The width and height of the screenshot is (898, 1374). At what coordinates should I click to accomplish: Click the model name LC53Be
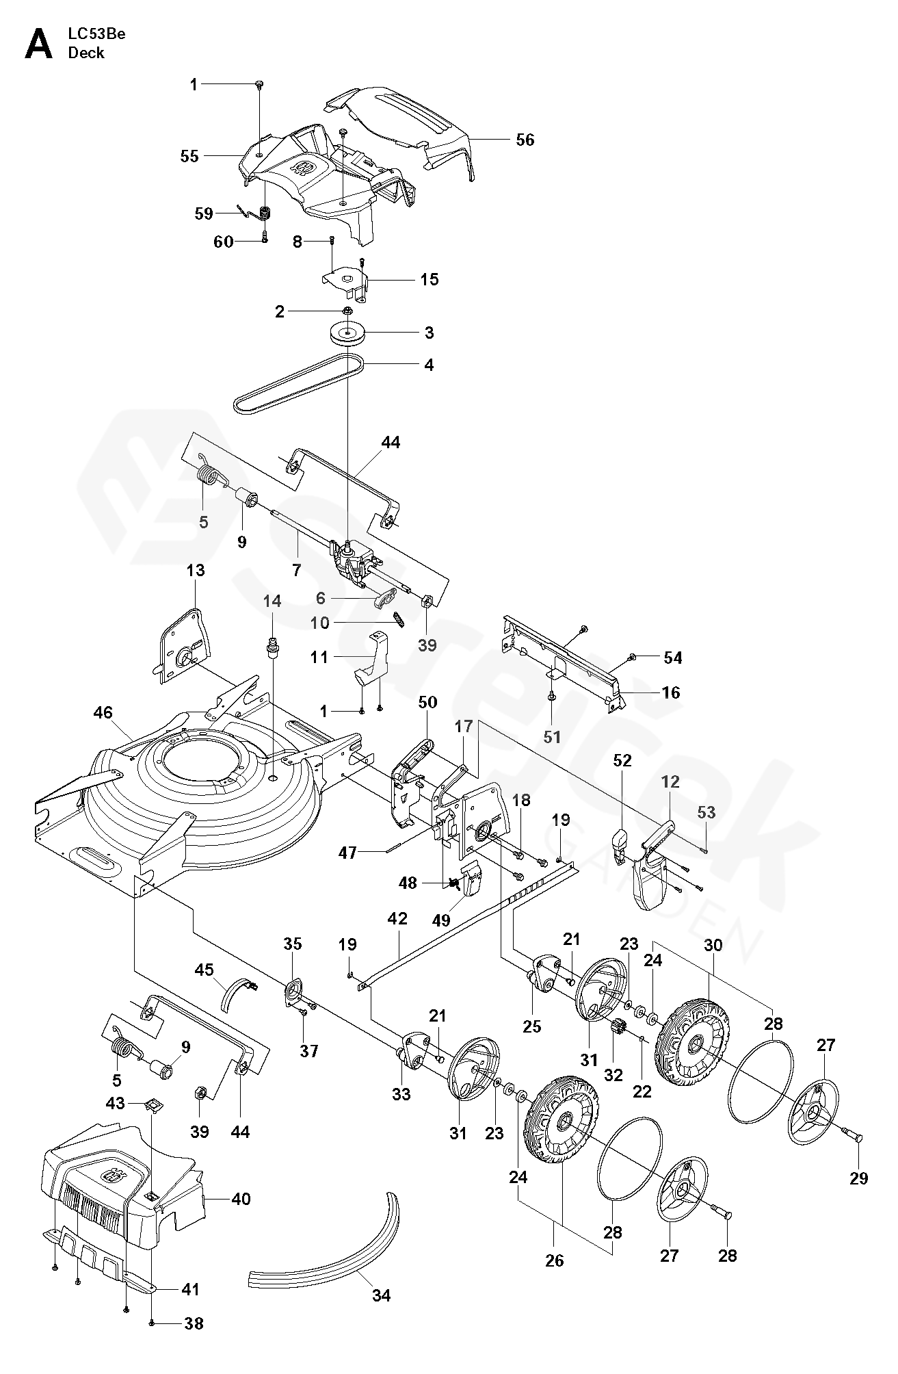96,34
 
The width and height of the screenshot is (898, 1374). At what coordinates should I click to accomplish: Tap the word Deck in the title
86,53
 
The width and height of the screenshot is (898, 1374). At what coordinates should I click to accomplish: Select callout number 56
525,140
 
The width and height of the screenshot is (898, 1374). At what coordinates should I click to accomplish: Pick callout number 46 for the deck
103,713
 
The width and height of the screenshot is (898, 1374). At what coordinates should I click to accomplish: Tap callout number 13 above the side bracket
196,570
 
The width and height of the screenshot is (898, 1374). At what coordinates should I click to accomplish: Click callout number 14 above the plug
272,601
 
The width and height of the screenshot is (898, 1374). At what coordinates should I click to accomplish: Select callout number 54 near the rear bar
673,658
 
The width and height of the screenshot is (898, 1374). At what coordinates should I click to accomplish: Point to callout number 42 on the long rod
397,918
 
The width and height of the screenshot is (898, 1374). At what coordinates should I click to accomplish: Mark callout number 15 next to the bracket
429,279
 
